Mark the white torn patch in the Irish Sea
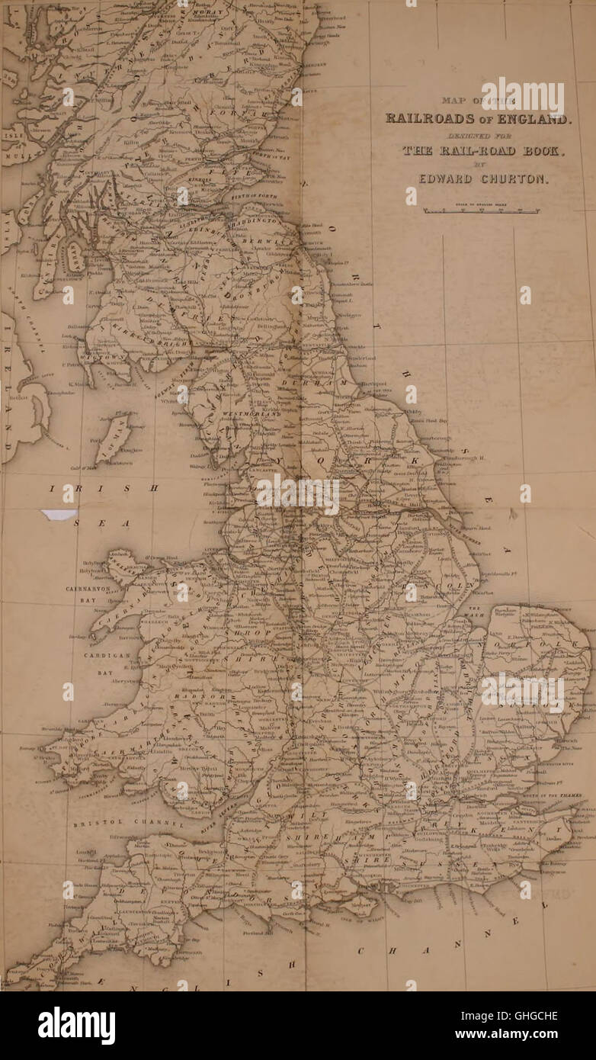coord(59,515)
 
